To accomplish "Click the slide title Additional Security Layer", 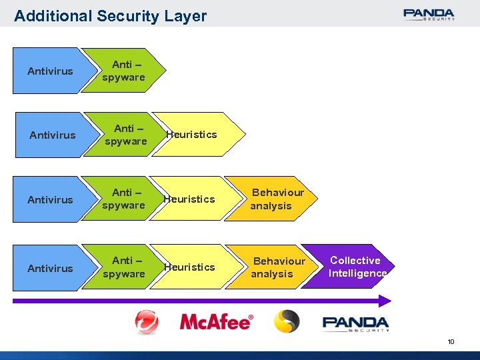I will [x=110, y=16].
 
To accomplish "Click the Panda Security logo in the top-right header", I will [x=429, y=14].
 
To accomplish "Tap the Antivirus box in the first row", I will [x=50, y=71].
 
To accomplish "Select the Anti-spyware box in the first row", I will [x=123, y=71].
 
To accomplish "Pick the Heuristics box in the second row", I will [x=193, y=135].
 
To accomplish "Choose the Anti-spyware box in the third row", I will [x=123, y=199].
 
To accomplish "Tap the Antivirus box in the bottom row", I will [x=50, y=267].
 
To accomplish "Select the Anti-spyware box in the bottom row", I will [x=123, y=267].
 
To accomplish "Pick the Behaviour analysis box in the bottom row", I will [x=273, y=267].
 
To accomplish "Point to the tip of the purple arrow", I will [x=388, y=301].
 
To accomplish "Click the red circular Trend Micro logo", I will [x=147, y=322].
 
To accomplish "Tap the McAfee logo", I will [x=217, y=322].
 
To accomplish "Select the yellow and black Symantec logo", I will [x=287, y=321].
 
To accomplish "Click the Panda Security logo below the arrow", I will [x=355, y=323].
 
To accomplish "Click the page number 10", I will [x=451, y=341].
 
